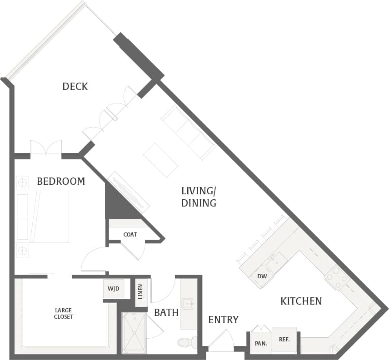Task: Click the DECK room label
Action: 75,86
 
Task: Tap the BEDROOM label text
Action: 61,182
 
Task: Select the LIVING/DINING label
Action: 199,197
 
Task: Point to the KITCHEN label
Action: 301,301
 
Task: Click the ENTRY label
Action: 223,320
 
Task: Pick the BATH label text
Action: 166,312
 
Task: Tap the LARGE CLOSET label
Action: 64,314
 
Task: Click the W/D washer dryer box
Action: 113,289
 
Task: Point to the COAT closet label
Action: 130,235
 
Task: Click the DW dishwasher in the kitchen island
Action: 262,276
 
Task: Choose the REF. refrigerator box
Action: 284,339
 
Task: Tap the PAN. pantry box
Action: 261,343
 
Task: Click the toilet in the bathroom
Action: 187,342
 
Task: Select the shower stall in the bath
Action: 135,332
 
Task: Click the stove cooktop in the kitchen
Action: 337,276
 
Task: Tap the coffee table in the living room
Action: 160,160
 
